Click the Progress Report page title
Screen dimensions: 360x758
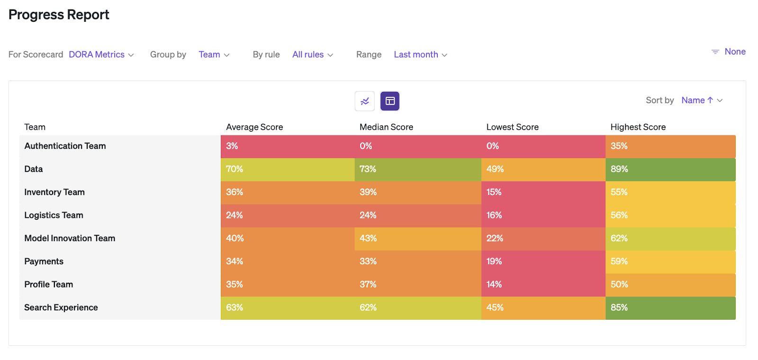click(x=59, y=15)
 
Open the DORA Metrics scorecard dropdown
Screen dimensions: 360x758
click(x=101, y=54)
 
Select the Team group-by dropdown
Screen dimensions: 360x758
click(x=214, y=54)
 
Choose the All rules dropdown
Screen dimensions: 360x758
click(x=312, y=54)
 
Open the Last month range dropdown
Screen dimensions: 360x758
click(x=420, y=54)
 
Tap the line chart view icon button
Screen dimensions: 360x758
click(x=365, y=101)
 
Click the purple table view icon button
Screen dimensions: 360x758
click(x=390, y=101)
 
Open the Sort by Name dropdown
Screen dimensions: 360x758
click(x=702, y=100)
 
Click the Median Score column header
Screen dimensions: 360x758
click(x=386, y=127)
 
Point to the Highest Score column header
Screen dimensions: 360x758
click(x=638, y=127)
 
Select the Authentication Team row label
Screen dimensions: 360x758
click(x=65, y=146)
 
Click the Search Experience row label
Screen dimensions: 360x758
click(x=61, y=307)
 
